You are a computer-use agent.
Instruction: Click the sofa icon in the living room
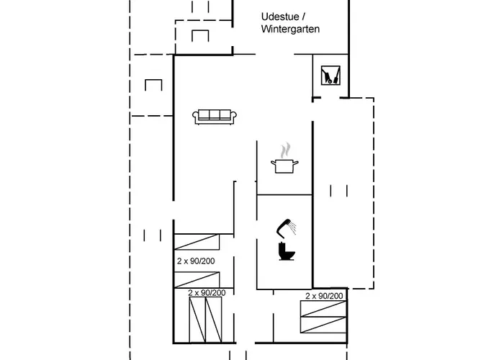(215, 117)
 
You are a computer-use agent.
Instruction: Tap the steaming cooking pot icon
(284, 158)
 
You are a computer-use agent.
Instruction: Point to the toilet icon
(287, 251)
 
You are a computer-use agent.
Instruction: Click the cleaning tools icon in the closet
(330, 75)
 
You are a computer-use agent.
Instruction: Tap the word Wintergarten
(290, 29)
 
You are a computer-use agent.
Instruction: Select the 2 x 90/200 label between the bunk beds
(196, 261)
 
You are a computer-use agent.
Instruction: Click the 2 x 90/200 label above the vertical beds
(207, 293)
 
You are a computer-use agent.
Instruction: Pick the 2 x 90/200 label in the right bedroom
(324, 296)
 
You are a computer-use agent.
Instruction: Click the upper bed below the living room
(197, 242)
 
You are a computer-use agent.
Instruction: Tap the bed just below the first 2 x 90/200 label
(197, 279)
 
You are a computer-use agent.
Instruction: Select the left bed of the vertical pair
(197, 320)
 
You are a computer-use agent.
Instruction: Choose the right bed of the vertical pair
(213, 320)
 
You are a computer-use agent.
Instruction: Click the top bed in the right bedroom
(323, 309)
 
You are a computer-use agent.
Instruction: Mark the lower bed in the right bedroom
(323, 325)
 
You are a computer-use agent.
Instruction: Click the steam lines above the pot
(285, 150)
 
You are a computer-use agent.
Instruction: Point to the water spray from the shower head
(292, 228)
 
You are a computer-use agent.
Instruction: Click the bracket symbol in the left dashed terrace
(153, 85)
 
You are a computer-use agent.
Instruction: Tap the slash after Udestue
(303, 17)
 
